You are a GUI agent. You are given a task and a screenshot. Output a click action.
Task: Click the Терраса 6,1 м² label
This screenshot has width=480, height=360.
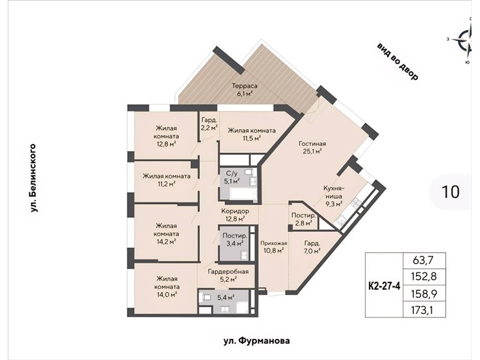(244, 89)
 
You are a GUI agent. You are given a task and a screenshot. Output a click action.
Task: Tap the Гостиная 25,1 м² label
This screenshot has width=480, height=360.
(312, 147)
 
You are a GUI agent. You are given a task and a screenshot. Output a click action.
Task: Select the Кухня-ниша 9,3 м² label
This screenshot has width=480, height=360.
(333, 196)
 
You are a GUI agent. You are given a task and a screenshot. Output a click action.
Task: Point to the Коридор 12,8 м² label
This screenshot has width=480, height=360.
(235, 215)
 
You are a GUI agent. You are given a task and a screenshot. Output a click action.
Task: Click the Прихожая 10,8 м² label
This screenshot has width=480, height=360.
(274, 247)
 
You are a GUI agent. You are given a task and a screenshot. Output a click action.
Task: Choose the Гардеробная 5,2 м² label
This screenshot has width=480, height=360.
(228, 275)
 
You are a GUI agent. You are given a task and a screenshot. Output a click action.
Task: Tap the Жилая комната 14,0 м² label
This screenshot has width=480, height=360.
(167, 287)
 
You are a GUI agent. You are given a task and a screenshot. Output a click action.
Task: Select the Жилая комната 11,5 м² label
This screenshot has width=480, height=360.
(251, 134)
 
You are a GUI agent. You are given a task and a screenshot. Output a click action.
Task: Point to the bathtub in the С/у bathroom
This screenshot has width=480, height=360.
(242, 194)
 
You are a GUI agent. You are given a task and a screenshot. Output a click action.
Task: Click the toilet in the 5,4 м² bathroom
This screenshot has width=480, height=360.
(206, 297)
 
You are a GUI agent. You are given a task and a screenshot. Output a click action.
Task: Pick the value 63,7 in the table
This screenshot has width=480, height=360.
(424, 260)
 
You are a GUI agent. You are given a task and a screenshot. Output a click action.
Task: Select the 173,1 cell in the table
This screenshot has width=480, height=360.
(424, 310)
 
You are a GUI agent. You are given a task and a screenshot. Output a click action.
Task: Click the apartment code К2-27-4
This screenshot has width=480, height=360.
(384, 286)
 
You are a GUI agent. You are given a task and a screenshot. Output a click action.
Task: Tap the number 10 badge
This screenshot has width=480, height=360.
(451, 192)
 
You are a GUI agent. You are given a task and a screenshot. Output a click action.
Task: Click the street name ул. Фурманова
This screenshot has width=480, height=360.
(256, 341)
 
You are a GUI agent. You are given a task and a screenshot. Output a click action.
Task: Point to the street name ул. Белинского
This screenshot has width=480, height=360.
(34, 178)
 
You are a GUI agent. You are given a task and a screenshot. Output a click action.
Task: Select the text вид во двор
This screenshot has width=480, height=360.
(397, 62)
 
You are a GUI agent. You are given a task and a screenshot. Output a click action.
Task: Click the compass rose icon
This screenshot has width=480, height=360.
(467, 40)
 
